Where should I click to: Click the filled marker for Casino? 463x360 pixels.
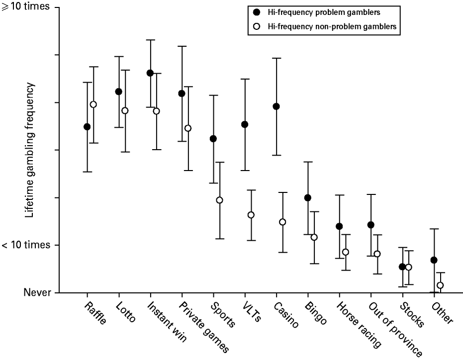(276, 106)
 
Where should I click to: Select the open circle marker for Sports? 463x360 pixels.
(219, 200)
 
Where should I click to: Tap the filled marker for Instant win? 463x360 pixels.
(150, 73)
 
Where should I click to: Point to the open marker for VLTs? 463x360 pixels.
(251, 215)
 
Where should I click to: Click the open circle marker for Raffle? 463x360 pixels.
(93, 104)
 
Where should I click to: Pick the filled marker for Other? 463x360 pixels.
(434, 260)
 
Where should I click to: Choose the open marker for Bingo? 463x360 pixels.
(314, 237)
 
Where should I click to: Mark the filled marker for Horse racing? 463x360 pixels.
(339, 226)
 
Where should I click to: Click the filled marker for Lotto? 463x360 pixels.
(118, 91)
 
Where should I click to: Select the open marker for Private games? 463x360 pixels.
(188, 128)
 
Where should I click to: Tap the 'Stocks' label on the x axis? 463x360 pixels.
(412, 314)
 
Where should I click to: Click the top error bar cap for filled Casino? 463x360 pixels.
(276, 58)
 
